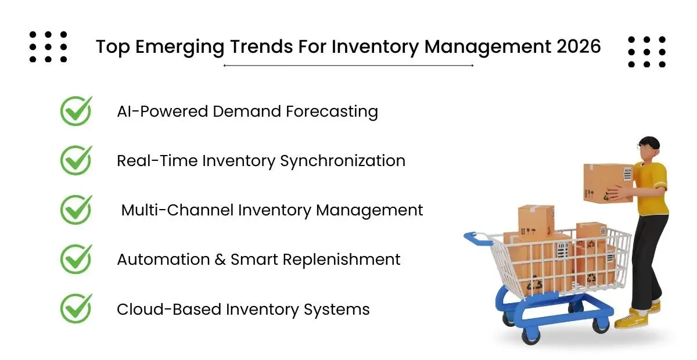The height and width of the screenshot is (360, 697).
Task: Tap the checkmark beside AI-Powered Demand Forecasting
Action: click(x=76, y=110)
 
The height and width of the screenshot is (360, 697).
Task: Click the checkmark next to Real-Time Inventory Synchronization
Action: click(x=76, y=160)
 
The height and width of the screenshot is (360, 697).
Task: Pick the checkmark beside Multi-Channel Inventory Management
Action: click(x=76, y=210)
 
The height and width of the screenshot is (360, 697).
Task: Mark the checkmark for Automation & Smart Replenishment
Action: click(x=76, y=259)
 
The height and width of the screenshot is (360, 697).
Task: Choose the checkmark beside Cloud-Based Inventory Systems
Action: click(x=76, y=308)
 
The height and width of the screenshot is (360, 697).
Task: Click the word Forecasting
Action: click(x=332, y=111)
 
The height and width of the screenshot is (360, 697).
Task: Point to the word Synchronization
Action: click(x=343, y=161)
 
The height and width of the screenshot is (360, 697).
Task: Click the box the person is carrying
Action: click(x=608, y=183)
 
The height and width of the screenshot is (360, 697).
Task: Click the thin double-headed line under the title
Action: click(x=348, y=66)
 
